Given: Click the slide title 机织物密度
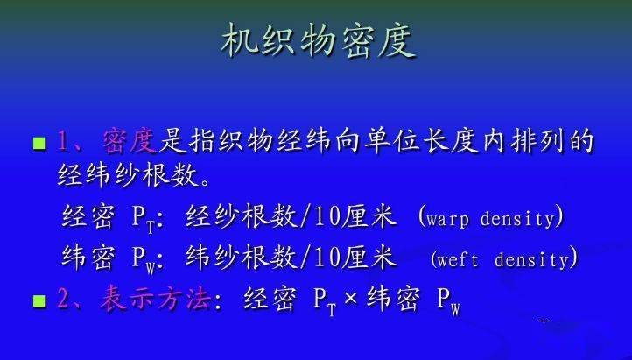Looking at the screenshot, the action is (319, 41).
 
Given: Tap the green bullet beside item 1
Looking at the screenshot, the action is (39, 143).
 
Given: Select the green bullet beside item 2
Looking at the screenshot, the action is (39, 301).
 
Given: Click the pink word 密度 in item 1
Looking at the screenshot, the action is (129, 141).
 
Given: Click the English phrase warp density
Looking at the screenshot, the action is (490, 218).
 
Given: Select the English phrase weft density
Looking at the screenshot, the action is (504, 259).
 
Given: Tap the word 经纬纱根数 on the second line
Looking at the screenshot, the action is (129, 175).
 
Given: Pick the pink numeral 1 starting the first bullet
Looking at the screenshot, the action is (62, 142).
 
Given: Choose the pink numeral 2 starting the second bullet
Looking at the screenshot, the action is (63, 300).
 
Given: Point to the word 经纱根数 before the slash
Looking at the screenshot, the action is (241, 217).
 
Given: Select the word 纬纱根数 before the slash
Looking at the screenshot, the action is (241, 258).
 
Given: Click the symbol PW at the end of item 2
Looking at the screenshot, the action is (448, 301).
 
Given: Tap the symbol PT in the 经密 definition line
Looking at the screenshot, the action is (144, 220).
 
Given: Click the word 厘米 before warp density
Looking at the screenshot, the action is (369, 217).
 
